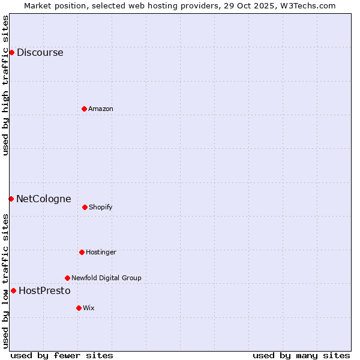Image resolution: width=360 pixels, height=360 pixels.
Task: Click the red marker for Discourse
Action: [x=11, y=52]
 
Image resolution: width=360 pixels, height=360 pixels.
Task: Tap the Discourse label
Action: [x=40, y=52]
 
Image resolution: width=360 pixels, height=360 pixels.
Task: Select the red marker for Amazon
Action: [x=84, y=109]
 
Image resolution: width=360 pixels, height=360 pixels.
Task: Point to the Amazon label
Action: [x=100, y=109]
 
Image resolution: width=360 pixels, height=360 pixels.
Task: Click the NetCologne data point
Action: [x=11, y=199]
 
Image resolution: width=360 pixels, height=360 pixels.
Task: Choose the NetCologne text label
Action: [x=43, y=199]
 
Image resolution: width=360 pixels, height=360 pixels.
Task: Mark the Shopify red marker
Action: [x=85, y=207]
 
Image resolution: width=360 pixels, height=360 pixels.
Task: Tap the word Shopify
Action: [x=100, y=207]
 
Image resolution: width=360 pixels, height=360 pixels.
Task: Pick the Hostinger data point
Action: [x=82, y=252]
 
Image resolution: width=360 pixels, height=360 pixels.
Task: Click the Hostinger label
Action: [x=101, y=252]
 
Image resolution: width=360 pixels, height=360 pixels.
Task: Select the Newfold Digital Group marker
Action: [x=67, y=278]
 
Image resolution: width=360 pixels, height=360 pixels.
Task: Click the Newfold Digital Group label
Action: [x=106, y=278]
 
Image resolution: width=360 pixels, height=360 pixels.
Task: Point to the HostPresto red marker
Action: [x=13, y=290]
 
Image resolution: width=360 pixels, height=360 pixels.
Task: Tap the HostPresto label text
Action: [x=44, y=290]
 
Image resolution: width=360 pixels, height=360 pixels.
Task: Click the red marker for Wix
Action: [x=79, y=308]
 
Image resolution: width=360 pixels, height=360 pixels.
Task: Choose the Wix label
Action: [x=88, y=308]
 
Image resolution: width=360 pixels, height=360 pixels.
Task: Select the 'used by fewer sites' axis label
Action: [x=62, y=355]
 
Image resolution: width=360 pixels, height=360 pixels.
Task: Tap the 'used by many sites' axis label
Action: [x=301, y=355]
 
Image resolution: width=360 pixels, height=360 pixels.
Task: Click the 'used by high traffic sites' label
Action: [x=5, y=85]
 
